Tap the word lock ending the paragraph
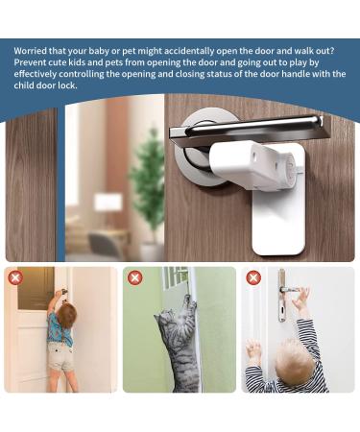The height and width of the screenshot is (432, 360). [x=68, y=84]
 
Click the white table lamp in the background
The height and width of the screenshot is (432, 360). [x=108, y=206]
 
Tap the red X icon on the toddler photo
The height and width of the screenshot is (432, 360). [x=14, y=277]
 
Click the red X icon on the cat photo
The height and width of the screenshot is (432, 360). [x=134, y=277]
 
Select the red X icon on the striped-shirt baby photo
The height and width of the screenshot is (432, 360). [x=253, y=277]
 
